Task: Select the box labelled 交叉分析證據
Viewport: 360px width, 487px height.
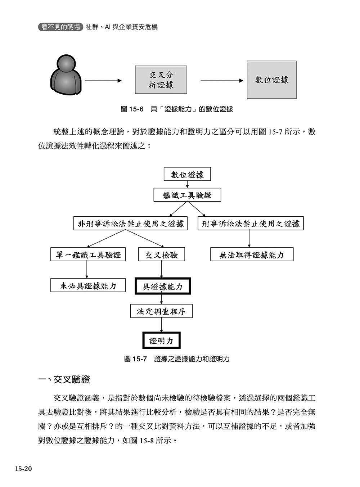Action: click(x=161, y=80)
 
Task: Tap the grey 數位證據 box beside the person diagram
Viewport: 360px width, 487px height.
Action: click(x=272, y=80)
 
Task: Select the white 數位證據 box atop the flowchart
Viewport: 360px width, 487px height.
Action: click(x=187, y=175)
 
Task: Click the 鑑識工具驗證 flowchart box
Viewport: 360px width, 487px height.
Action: click(x=187, y=195)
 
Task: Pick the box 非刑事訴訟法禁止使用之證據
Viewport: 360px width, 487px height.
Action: click(x=131, y=224)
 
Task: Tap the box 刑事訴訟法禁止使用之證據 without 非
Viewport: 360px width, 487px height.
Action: click(x=251, y=224)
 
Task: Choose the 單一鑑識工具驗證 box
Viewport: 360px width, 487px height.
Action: click(x=87, y=255)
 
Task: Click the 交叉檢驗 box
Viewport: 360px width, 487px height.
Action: click(x=162, y=255)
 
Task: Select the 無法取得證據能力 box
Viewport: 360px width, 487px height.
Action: click(x=252, y=255)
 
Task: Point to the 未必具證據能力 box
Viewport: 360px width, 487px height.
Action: click(x=88, y=286)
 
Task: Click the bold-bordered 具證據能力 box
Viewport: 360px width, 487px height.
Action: click(x=163, y=287)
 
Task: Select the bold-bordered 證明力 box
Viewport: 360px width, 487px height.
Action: click(x=161, y=341)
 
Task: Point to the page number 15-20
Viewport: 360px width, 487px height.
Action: click(x=24, y=469)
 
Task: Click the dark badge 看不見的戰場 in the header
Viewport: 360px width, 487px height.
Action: click(x=60, y=27)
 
